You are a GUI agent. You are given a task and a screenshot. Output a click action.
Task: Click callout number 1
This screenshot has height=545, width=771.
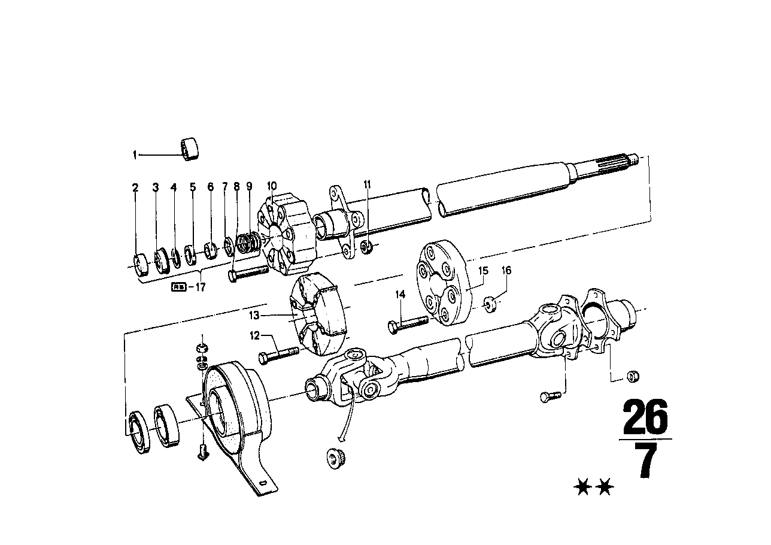pos(135,155)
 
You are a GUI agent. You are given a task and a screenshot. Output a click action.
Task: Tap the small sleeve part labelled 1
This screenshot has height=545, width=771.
pos(190,149)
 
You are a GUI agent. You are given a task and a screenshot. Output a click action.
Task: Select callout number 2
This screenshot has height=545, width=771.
pos(135,187)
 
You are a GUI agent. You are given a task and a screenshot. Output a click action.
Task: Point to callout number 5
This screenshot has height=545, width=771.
pos(193,187)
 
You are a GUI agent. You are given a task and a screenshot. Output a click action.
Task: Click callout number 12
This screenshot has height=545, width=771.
pos(255,336)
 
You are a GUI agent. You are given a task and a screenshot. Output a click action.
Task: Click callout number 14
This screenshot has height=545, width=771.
pos(400,294)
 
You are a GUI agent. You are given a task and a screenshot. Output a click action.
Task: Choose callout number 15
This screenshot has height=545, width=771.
pos(483,271)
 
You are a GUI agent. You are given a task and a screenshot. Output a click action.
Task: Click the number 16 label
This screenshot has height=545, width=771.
pos(506,271)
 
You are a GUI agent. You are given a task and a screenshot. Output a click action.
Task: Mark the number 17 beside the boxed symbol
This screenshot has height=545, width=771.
pos(199,287)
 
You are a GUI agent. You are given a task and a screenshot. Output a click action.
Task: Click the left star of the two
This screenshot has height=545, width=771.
pos(581,488)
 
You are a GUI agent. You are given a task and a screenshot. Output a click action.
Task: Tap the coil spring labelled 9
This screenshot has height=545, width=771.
pos(246,243)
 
